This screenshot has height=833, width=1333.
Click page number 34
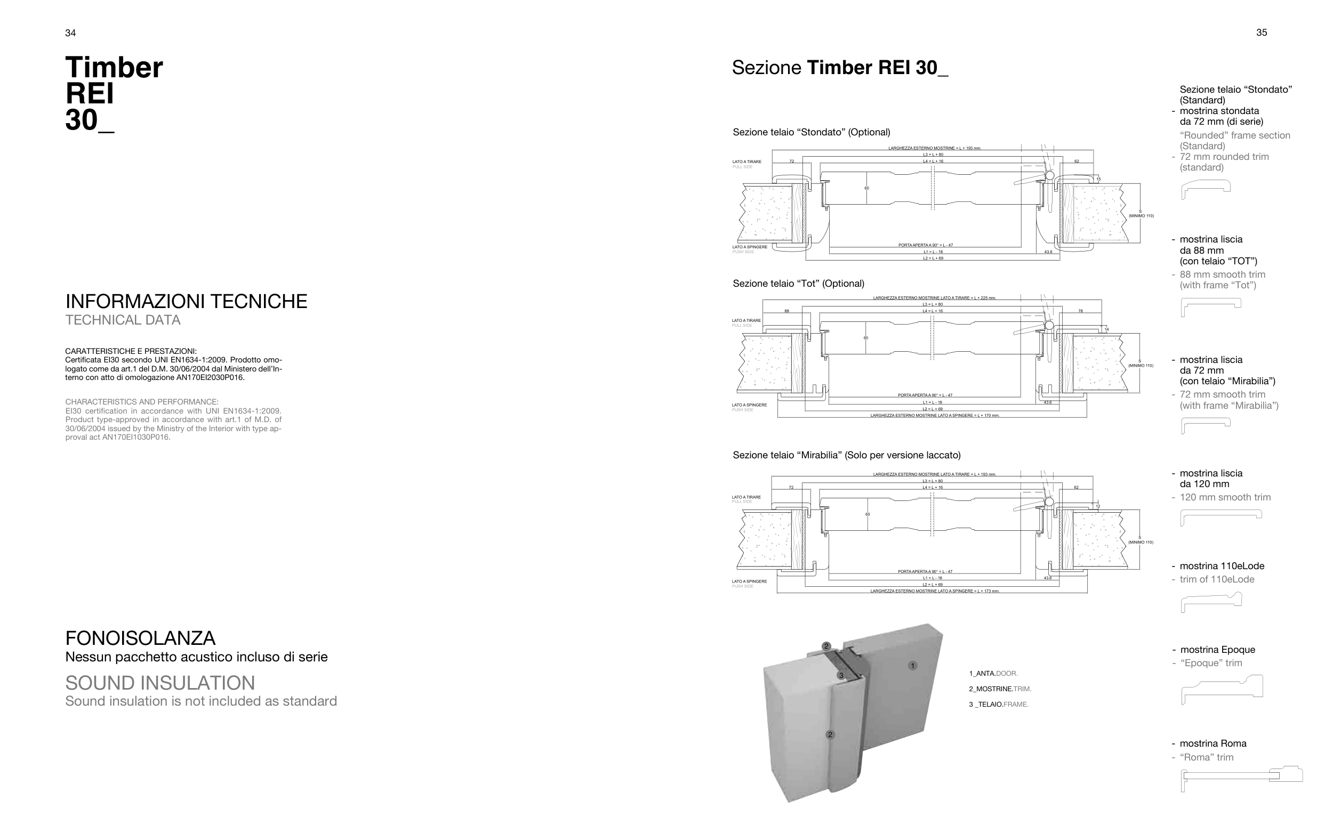tap(70, 33)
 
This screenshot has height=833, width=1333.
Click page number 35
tap(1262, 33)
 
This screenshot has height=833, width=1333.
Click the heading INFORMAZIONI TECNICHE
tap(186, 301)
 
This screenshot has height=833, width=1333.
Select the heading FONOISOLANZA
tap(140, 638)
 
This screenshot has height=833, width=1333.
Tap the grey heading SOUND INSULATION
tap(160, 683)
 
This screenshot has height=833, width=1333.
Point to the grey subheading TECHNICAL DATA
tap(123, 320)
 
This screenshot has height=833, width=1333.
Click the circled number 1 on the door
tap(912, 666)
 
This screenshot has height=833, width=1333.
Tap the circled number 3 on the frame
tap(841, 675)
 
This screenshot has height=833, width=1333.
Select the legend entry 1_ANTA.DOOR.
tap(993, 673)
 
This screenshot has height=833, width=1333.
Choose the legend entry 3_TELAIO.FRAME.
tap(999, 704)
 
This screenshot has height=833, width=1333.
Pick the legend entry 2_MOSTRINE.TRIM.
tap(1000, 689)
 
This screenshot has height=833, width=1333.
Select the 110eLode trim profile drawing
tap(1211, 602)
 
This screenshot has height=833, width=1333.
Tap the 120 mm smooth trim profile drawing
tap(1220, 516)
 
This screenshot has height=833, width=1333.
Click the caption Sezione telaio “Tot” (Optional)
tap(798, 284)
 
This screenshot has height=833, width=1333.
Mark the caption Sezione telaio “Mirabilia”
tap(846, 455)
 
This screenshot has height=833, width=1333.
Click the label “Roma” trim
tap(1206, 757)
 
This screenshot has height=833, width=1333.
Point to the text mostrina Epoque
tap(1217, 650)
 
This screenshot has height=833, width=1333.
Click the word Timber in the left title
tap(114, 68)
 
